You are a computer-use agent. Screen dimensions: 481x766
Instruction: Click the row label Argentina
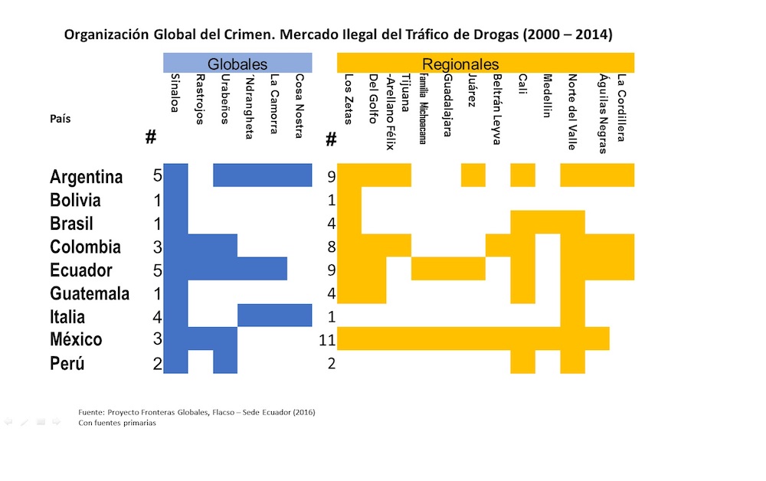(86, 177)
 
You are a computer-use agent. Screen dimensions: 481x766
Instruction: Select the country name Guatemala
(90, 293)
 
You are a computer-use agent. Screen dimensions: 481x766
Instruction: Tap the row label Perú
(67, 363)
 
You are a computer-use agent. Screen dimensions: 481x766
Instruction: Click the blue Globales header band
(237, 64)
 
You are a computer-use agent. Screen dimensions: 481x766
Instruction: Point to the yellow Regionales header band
(486, 64)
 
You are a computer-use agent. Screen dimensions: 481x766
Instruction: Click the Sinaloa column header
(175, 93)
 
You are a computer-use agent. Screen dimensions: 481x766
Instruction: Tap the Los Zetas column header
(349, 100)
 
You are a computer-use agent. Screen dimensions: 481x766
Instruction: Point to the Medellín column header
(547, 96)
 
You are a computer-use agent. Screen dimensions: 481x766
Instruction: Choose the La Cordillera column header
(622, 107)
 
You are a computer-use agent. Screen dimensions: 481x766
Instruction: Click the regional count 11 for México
(327, 340)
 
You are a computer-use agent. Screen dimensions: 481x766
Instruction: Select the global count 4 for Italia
(157, 317)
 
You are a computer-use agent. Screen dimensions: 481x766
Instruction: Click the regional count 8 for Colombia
(331, 247)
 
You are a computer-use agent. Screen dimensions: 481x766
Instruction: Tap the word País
(61, 119)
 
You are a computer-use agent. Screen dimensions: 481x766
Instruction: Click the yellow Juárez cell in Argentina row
(473, 175)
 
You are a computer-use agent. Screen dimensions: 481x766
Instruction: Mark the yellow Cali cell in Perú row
(522, 362)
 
